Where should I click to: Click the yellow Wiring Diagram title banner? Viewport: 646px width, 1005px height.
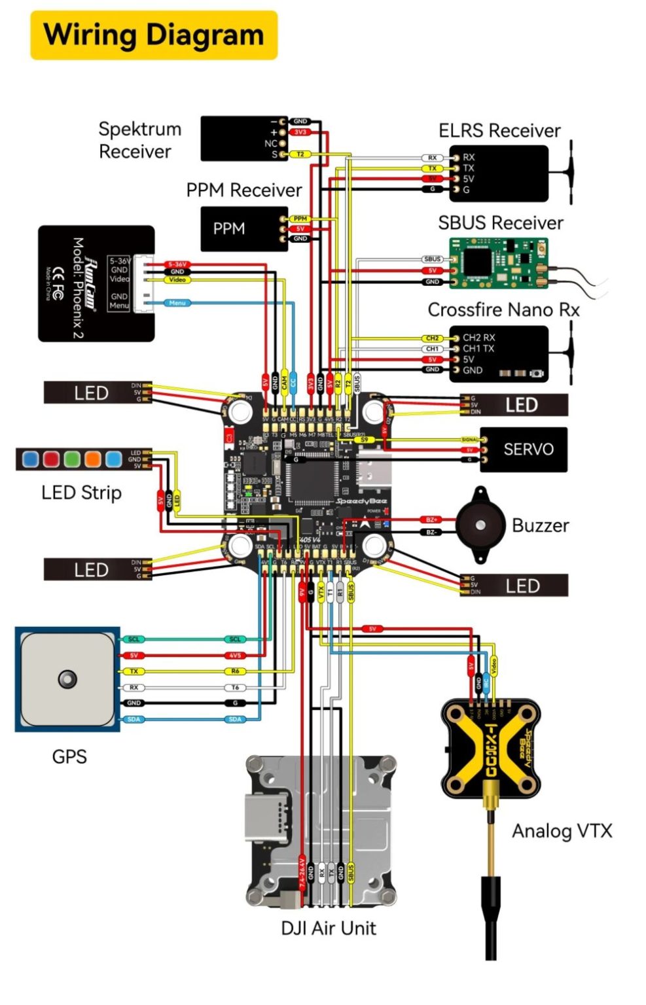154,35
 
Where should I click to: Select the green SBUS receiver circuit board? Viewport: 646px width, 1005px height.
497,263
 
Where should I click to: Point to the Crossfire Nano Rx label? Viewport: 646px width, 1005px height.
503,309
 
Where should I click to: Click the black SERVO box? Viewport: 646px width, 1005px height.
523,450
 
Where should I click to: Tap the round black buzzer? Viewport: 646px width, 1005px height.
480,525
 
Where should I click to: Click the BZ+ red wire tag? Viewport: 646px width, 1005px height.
431,520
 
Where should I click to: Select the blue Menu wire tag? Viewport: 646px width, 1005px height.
177,303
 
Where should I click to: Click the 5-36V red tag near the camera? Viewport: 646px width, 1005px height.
177,264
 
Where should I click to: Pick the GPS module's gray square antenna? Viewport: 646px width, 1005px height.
67,679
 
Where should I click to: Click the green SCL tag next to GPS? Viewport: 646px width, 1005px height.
134,639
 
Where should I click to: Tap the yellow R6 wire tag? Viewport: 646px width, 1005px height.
235,671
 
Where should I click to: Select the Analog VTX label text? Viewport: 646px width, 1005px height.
562,831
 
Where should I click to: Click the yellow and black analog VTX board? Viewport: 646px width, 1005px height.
491,749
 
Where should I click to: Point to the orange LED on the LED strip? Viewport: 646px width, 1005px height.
92,459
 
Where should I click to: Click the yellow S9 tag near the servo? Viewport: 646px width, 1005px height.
364,440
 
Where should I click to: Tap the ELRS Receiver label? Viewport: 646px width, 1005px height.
499,131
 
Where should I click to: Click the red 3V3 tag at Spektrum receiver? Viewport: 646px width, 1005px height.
300,132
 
